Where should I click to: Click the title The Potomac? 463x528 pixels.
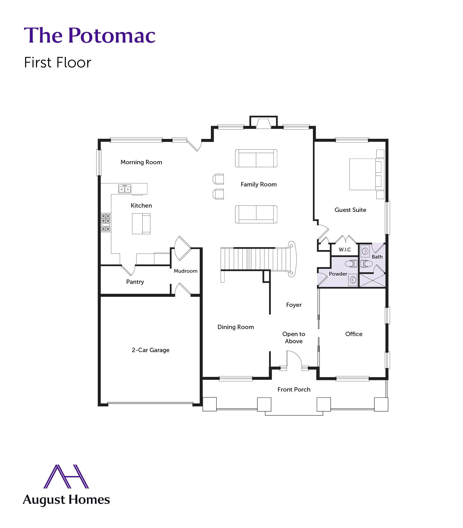tap(89, 35)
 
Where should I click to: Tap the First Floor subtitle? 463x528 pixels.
tap(57, 62)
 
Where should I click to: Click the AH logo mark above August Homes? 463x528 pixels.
tap(66, 476)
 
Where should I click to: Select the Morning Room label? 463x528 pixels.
tap(141, 162)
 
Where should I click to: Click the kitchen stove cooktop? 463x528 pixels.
tap(106, 222)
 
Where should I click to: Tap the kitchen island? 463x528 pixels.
tap(141, 224)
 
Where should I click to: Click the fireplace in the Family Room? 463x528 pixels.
tap(263, 123)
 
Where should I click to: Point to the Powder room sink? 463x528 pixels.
tap(353, 280)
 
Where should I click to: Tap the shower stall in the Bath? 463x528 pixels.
tap(372, 280)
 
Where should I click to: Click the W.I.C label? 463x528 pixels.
tap(345, 250)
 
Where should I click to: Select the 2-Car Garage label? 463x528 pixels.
tap(151, 350)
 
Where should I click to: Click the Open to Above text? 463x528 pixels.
tap(294, 337)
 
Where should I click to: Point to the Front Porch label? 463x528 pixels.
tap(294, 389)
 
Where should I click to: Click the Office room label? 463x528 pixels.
tap(354, 334)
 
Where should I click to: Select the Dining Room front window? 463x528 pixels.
tap(236, 379)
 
